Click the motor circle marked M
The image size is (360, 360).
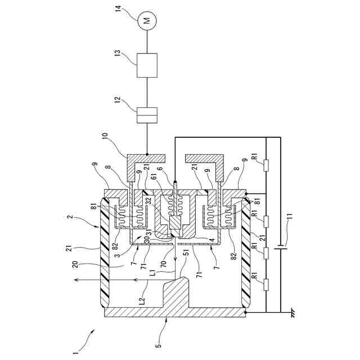[x=147, y=20]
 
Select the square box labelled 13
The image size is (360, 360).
[x=147, y=65]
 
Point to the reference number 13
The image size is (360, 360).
[x=118, y=53]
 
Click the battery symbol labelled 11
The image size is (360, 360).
[x=280, y=246]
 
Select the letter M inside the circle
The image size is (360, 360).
[x=147, y=20]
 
